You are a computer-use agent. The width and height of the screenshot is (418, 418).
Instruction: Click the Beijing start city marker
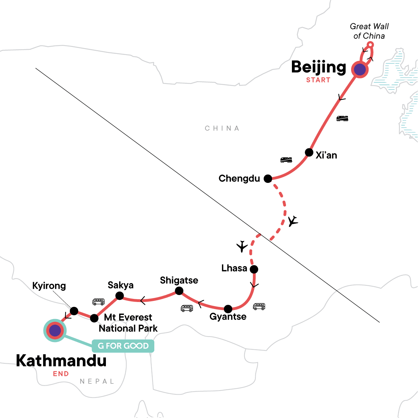(x=360, y=70)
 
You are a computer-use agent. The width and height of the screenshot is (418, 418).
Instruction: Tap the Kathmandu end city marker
(x=55, y=330)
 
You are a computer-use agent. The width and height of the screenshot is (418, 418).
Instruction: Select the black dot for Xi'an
(x=309, y=152)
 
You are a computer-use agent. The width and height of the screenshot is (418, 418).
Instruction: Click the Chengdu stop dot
(x=268, y=179)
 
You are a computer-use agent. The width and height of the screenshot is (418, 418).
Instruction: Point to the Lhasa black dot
(x=254, y=269)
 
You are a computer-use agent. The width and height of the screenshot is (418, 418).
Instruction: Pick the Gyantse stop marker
(x=228, y=309)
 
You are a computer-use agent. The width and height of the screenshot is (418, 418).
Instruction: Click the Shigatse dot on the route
(x=179, y=291)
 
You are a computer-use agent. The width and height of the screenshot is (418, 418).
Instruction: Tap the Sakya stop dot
(x=119, y=296)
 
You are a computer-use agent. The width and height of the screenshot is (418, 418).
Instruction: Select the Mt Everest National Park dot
(x=94, y=318)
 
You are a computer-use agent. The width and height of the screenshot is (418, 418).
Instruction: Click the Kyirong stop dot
(x=74, y=311)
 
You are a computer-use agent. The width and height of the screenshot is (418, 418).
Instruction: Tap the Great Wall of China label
(x=369, y=31)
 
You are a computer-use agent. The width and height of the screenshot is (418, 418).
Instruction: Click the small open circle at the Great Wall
(x=371, y=45)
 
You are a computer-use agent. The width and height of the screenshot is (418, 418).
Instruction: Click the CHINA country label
(x=222, y=129)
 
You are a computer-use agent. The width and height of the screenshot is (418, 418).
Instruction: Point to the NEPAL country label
(x=97, y=381)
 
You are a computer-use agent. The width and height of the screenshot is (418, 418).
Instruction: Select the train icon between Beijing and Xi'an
(x=342, y=118)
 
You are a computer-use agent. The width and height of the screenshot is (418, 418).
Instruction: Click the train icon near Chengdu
(x=286, y=160)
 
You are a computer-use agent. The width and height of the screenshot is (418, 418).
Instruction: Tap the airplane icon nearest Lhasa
(x=242, y=247)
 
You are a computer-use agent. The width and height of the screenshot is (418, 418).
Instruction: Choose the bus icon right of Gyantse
(x=259, y=307)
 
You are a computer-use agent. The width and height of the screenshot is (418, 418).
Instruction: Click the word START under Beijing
(x=318, y=80)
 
